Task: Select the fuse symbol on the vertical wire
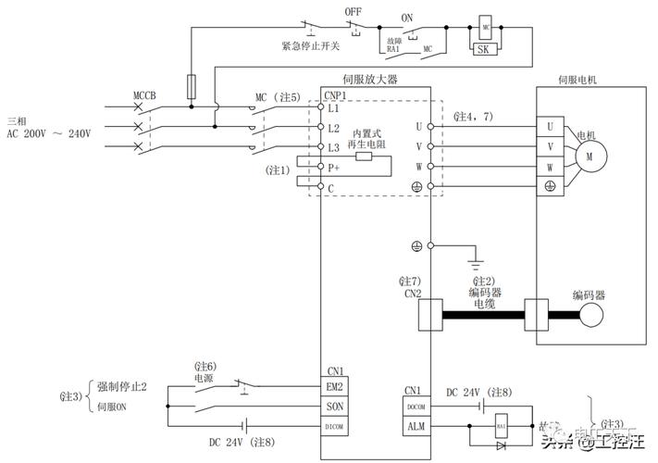191,86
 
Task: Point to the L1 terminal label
334,108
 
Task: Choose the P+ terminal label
334,168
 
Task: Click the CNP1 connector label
335,94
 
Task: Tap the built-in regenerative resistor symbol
365,156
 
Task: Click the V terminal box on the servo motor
550,146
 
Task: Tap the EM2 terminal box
335,387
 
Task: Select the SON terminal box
335,407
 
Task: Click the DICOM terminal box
335,426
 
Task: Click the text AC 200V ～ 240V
49,134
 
